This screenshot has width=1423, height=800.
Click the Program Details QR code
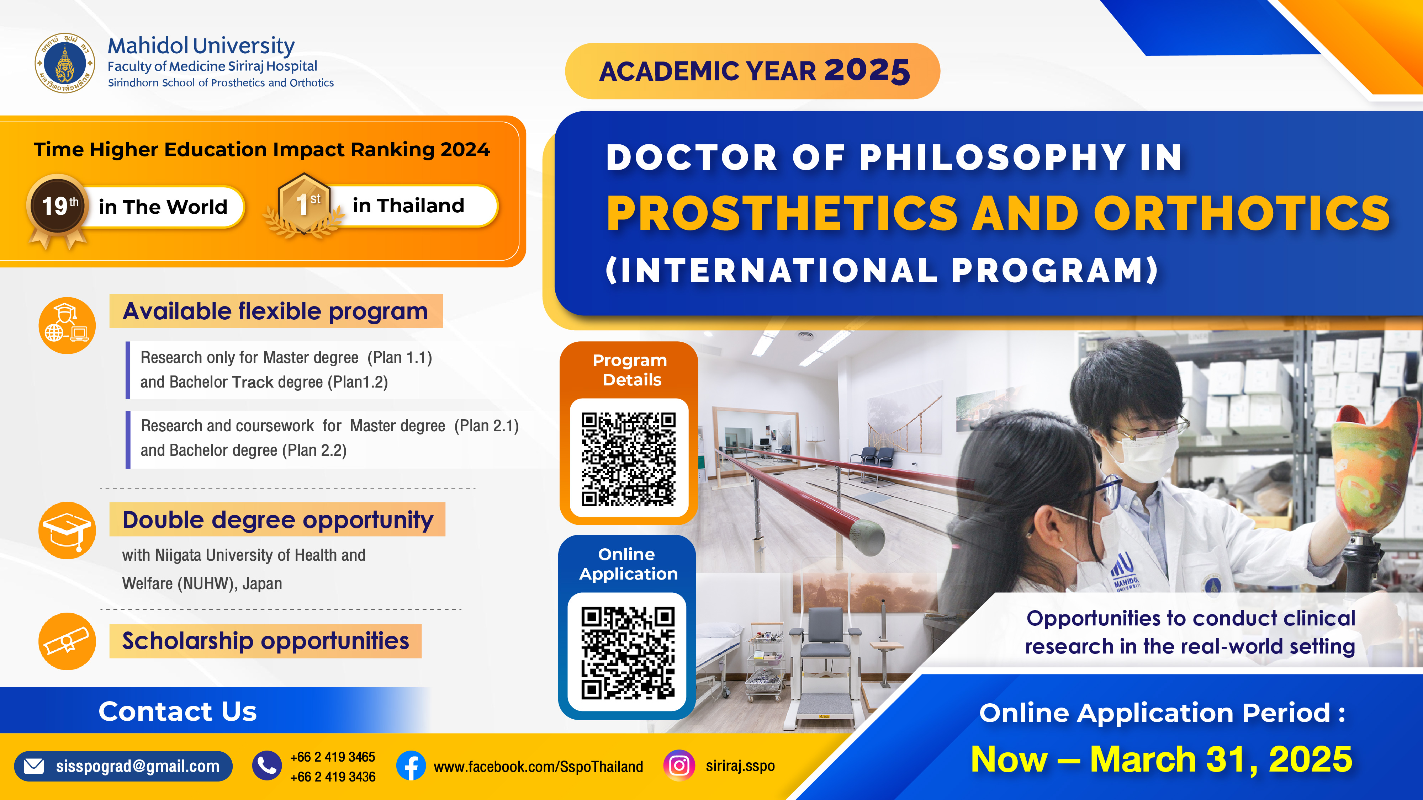click(x=629, y=458)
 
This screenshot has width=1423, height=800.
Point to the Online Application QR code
click(x=628, y=652)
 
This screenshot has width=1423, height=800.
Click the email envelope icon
click(x=34, y=766)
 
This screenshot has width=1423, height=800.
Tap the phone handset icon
click(x=267, y=766)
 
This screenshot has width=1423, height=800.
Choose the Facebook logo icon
click(x=411, y=766)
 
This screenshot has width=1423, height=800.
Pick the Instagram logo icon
click(x=679, y=766)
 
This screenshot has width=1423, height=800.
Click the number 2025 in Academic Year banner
click(x=867, y=71)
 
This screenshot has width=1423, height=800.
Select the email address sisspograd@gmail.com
click(x=138, y=766)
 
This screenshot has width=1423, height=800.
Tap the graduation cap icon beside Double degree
click(x=67, y=530)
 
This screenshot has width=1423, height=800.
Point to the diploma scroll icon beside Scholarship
click(x=67, y=641)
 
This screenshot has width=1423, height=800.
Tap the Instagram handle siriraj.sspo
click(x=740, y=766)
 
